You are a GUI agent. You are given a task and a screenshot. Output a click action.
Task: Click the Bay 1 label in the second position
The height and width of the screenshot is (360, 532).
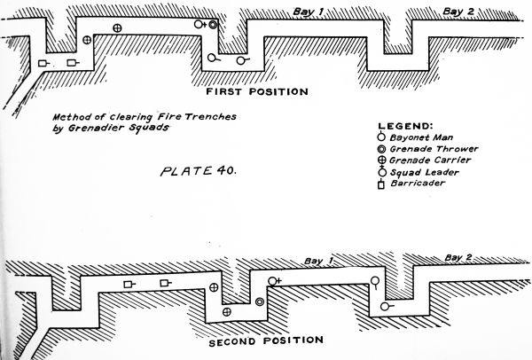(317, 261)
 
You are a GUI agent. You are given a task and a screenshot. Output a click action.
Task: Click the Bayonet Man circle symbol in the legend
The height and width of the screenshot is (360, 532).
(381, 137)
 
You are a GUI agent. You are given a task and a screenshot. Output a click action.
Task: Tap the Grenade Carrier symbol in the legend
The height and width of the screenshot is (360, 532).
(381, 160)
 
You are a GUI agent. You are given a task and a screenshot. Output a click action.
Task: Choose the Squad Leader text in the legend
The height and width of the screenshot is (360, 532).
(419, 172)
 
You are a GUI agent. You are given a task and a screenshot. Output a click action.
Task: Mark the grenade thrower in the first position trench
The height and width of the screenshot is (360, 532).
(213, 25)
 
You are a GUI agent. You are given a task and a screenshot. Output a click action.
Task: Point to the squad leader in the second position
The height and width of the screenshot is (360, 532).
(271, 281)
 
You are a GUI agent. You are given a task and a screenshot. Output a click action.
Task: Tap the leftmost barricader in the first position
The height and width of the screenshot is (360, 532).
(41, 64)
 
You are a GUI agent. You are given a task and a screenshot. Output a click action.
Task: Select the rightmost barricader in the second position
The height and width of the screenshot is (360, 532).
(164, 283)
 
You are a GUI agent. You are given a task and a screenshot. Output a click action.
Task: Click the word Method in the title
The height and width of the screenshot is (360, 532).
(68, 116)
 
